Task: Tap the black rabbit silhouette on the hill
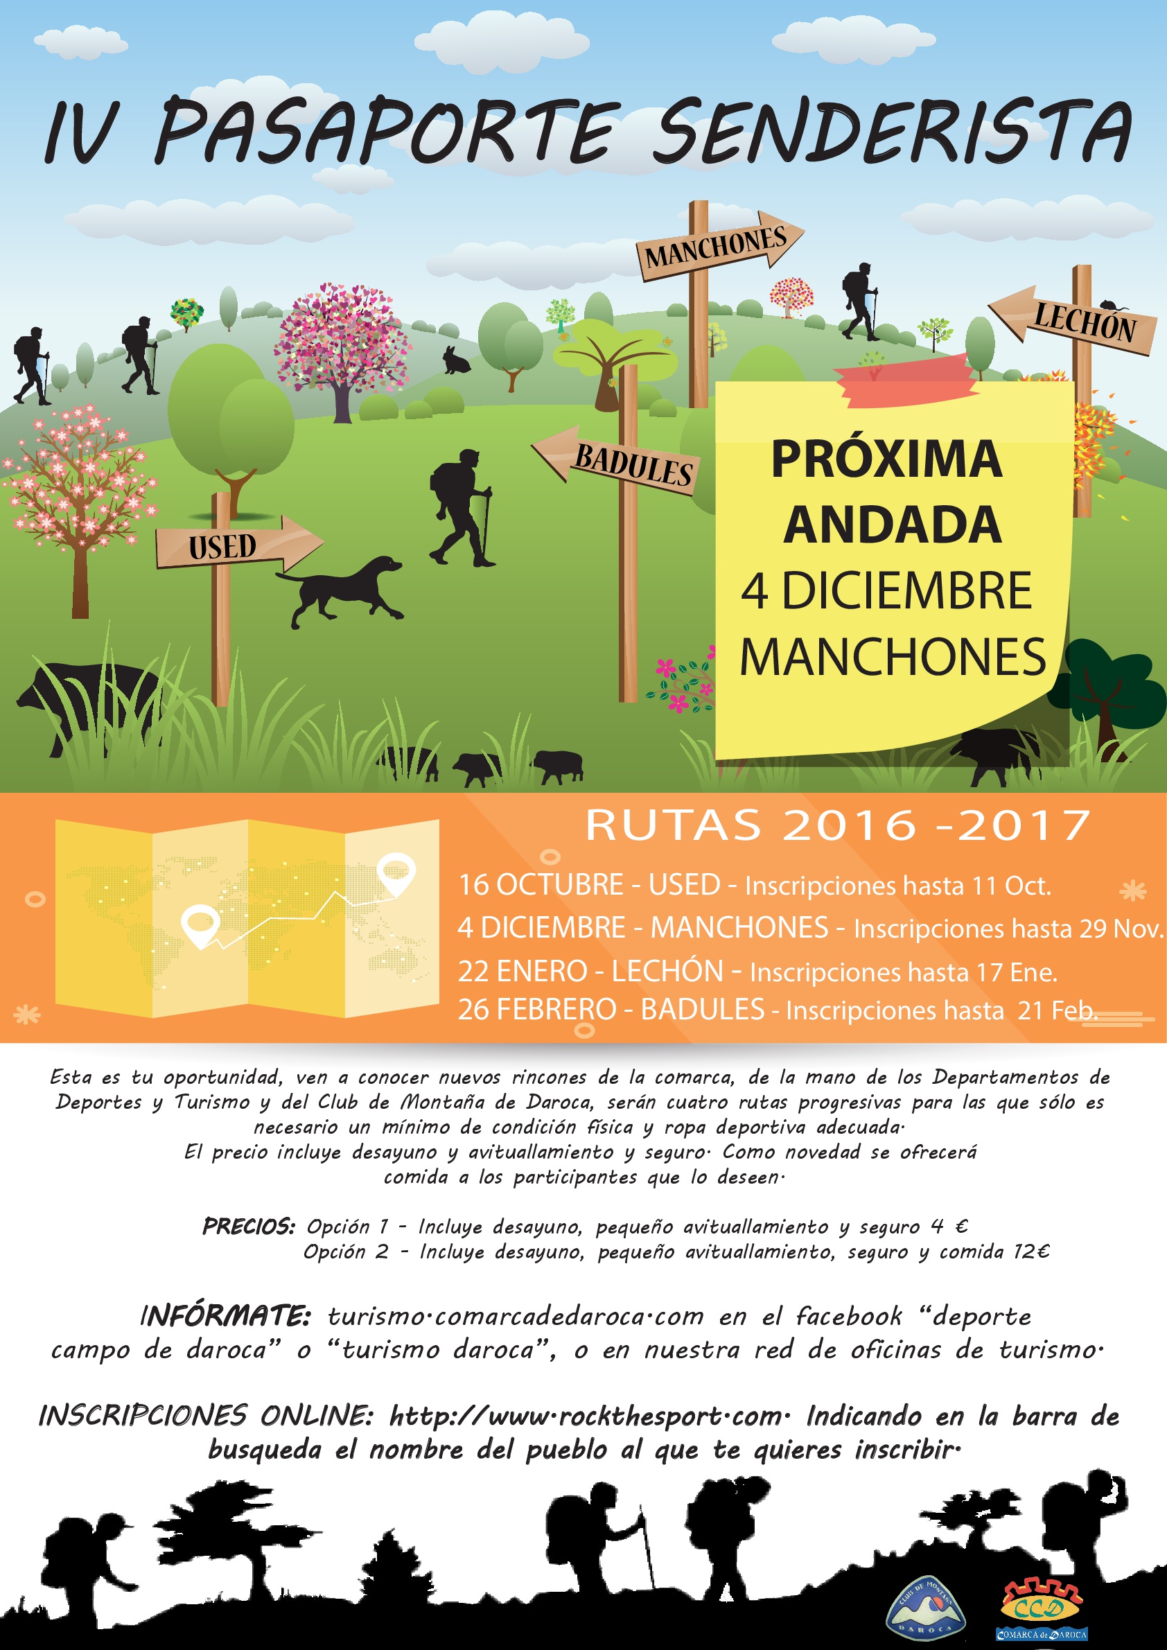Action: (x=455, y=360)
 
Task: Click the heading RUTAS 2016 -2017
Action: (x=838, y=824)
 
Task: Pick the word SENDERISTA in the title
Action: (x=891, y=132)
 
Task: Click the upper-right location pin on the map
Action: (x=396, y=872)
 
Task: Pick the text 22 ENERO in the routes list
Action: (x=523, y=972)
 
